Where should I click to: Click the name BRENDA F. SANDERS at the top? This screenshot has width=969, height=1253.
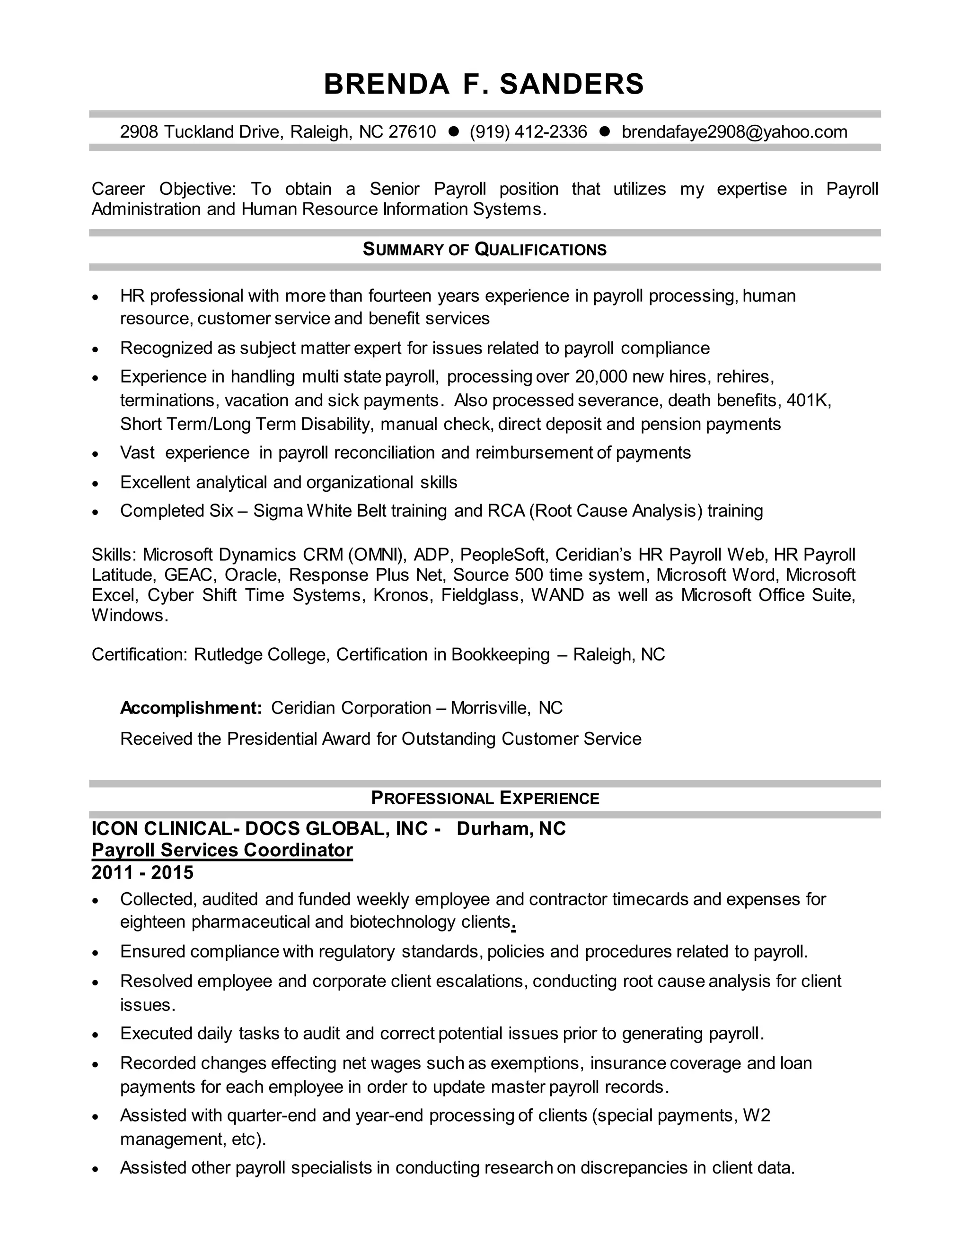[484, 84]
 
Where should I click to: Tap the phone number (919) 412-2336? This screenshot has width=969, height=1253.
[528, 132]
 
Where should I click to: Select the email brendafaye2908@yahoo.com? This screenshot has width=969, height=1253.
[734, 132]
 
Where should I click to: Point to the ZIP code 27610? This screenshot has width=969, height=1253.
[412, 132]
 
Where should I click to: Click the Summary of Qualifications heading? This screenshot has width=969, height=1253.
[484, 250]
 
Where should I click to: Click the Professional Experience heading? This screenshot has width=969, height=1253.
[484, 798]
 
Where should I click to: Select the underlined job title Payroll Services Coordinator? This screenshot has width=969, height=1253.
[222, 850]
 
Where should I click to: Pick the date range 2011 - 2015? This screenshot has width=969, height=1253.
[142, 873]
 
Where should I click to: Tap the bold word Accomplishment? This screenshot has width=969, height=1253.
[190, 708]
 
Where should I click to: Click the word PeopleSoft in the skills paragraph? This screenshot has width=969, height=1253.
[503, 555]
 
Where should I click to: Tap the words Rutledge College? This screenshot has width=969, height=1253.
[261, 654]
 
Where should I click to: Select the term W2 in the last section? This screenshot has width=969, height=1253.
[756, 1115]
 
